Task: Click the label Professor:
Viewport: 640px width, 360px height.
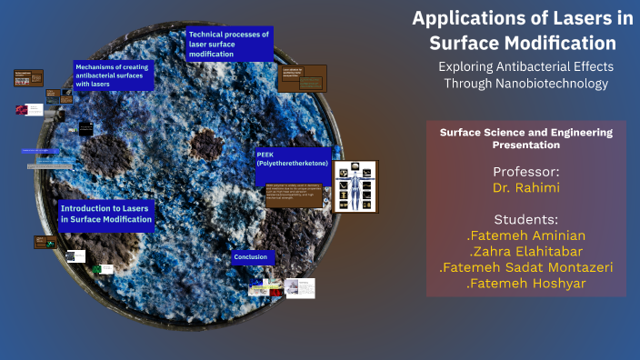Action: point(525,172)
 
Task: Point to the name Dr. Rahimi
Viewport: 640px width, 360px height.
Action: point(525,188)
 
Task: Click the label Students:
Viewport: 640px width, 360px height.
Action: point(525,219)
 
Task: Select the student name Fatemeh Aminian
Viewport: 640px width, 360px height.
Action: point(525,235)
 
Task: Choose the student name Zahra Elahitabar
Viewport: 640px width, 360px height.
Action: point(525,252)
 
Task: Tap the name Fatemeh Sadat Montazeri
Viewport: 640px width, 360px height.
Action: point(525,268)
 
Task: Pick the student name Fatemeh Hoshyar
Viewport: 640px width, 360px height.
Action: point(525,285)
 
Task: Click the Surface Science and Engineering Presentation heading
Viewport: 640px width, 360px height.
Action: point(525,138)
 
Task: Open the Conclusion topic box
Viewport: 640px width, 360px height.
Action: point(252,257)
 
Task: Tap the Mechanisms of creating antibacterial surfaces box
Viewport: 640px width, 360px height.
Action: point(114,75)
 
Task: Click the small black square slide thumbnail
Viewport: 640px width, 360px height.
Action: point(85,129)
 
